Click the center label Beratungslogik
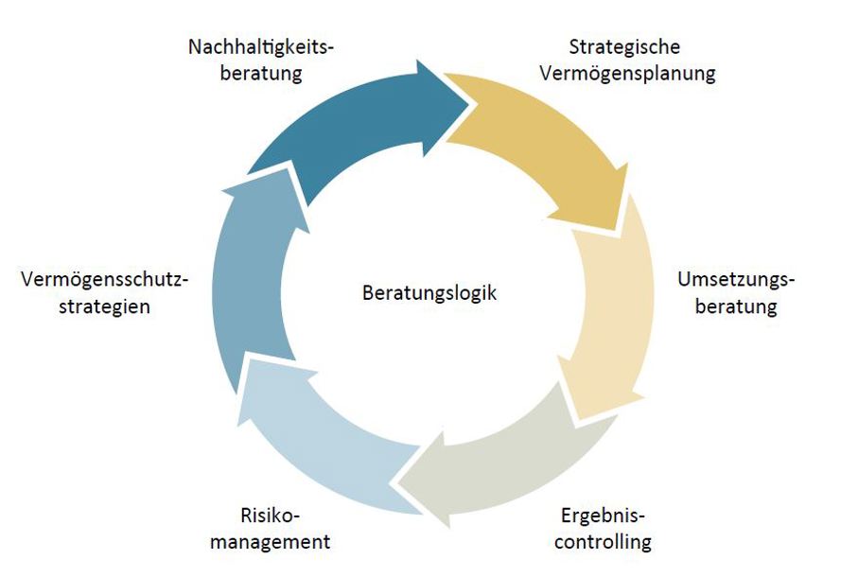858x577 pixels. click(x=429, y=292)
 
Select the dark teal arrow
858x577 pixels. click(x=350, y=131)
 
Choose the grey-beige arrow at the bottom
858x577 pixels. click(x=509, y=464)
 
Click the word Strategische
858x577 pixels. click(x=624, y=47)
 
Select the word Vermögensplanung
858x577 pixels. click(x=627, y=74)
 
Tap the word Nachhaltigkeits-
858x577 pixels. click(x=261, y=47)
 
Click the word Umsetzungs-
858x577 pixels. click(x=736, y=279)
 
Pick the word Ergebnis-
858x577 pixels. click(x=603, y=516)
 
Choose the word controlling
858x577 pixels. click(x=603, y=542)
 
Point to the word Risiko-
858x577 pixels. click(x=271, y=516)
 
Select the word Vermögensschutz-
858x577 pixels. click(x=104, y=279)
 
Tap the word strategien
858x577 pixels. click(x=104, y=306)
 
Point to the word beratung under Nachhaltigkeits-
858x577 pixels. click(x=261, y=74)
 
